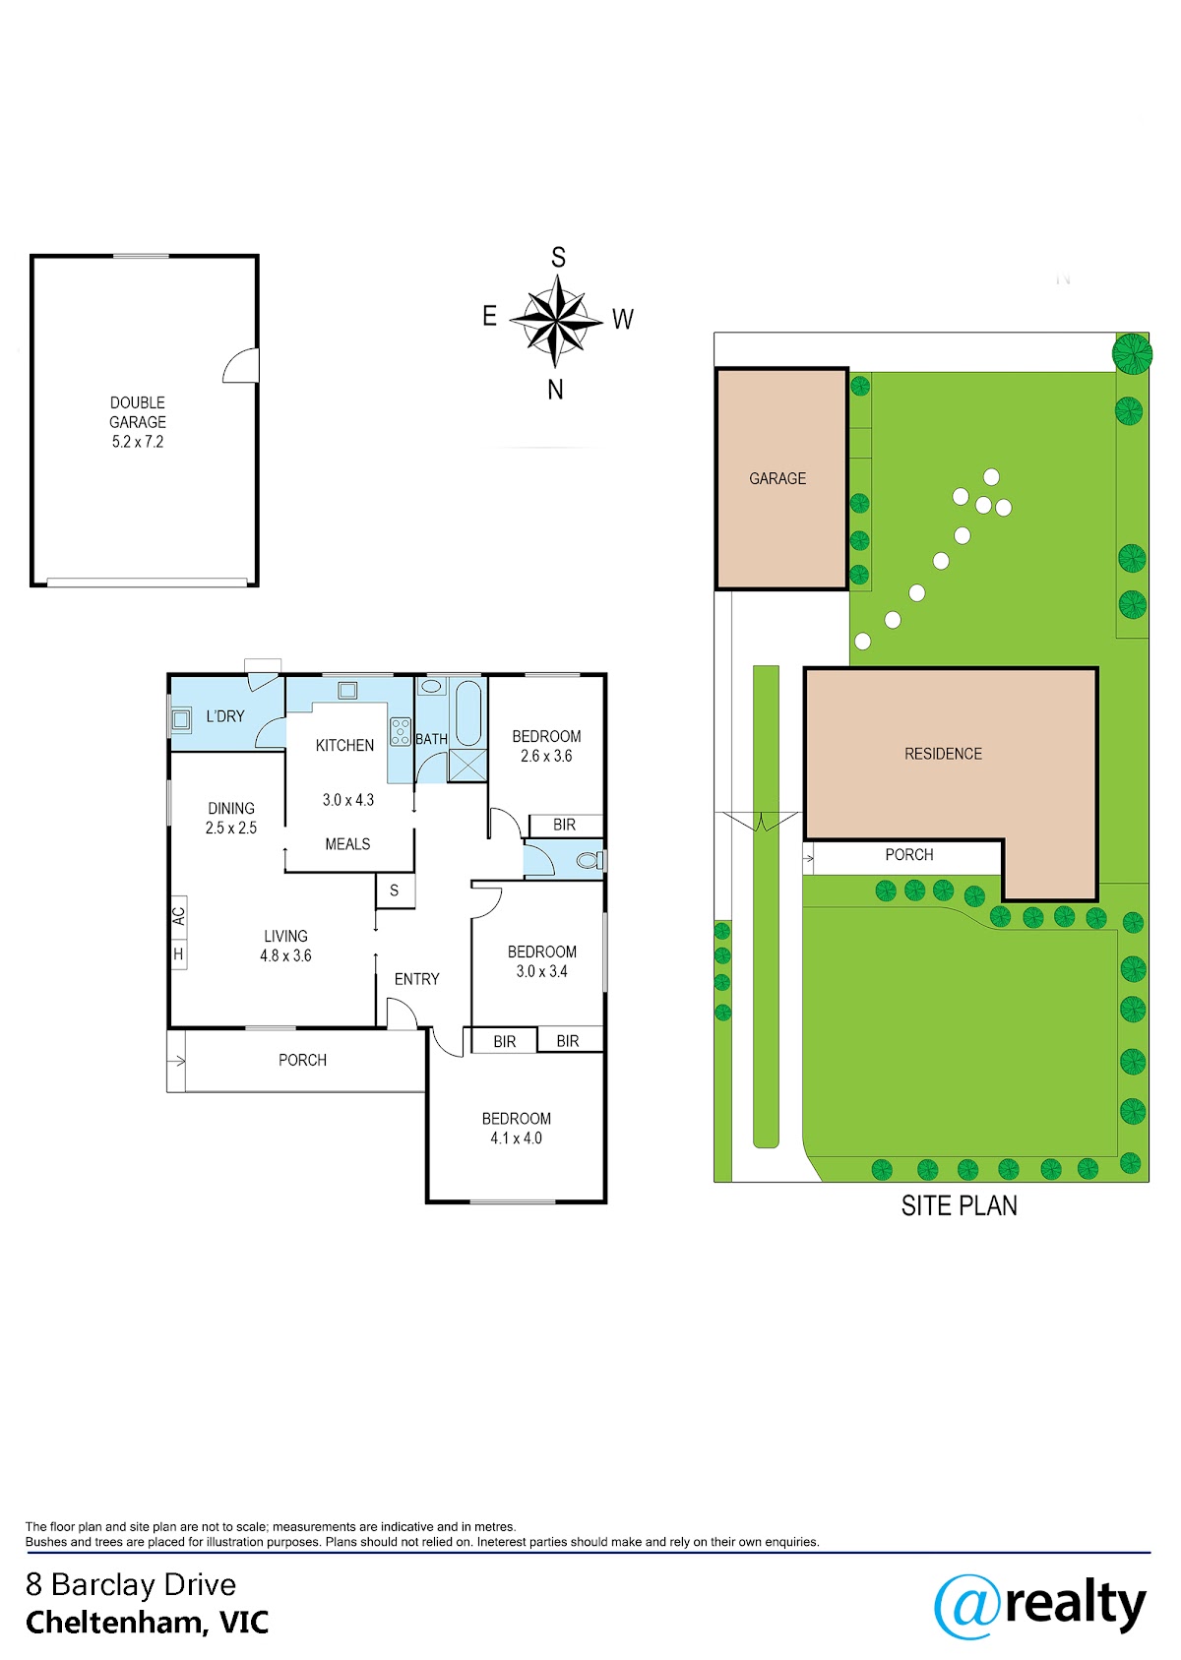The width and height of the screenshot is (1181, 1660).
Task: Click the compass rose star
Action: tap(556, 321)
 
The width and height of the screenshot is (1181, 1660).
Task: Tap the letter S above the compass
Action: tap(558, 257)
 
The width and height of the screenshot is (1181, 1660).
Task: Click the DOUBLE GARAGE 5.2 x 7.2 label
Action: tap(137, 422)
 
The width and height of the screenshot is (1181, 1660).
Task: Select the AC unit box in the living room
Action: tap(179, 916)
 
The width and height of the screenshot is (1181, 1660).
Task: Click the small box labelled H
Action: tap(179, 953)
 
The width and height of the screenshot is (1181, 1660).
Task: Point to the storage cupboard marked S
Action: tap(395, 891)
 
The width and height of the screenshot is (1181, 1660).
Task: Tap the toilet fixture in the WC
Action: tap(590, 860)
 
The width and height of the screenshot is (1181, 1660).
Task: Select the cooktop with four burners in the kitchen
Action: tap(401, 731)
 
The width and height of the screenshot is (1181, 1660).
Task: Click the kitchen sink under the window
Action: tap(347, 691)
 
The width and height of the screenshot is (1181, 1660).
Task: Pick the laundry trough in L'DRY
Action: tap(181, 719)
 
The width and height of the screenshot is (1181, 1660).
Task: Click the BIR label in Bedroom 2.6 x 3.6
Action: tap(564, 825)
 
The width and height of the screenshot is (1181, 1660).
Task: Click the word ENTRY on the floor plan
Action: tap(416, 979)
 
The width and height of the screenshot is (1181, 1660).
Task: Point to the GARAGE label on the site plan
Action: tap(777, 479)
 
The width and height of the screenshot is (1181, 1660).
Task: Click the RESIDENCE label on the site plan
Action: tap(943, 754)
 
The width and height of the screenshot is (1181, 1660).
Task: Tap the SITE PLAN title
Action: tap(959, 1205)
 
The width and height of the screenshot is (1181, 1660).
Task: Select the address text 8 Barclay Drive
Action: tap(131, 1585)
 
